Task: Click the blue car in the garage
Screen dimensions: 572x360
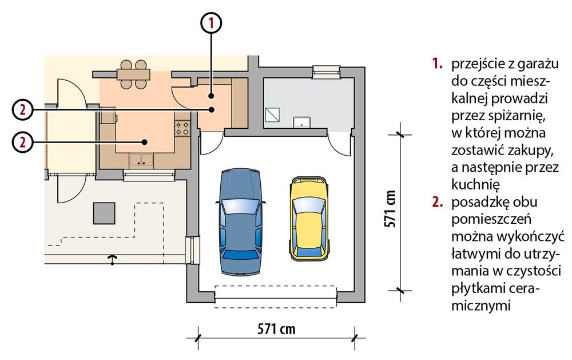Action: [241, 221]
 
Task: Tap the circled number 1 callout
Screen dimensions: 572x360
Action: [211, 23]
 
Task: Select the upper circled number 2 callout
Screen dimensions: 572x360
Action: [22, 109]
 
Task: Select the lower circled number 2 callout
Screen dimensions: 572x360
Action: [22, 142]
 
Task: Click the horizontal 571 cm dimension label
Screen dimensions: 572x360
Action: [276, 329]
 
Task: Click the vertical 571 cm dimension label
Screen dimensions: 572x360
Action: [390, 209]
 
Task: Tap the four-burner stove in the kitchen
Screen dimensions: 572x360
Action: [182, 128]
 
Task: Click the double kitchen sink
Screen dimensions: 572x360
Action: [141, 160]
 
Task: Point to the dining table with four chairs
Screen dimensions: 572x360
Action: [133, 74]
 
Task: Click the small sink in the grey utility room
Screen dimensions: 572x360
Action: [302, 122]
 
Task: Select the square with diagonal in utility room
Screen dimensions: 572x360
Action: [272, 115]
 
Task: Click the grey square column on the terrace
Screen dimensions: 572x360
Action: [104, 213]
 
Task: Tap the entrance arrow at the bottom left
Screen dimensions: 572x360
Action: [112, 260]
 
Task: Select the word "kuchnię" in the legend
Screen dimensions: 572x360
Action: [475, 184]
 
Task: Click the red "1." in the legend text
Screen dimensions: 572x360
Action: [438, 64]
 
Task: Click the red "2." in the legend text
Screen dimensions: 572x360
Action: [438, 202]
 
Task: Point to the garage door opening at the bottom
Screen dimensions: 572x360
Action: [276, 296]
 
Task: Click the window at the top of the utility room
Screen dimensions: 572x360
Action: [327, 72]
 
